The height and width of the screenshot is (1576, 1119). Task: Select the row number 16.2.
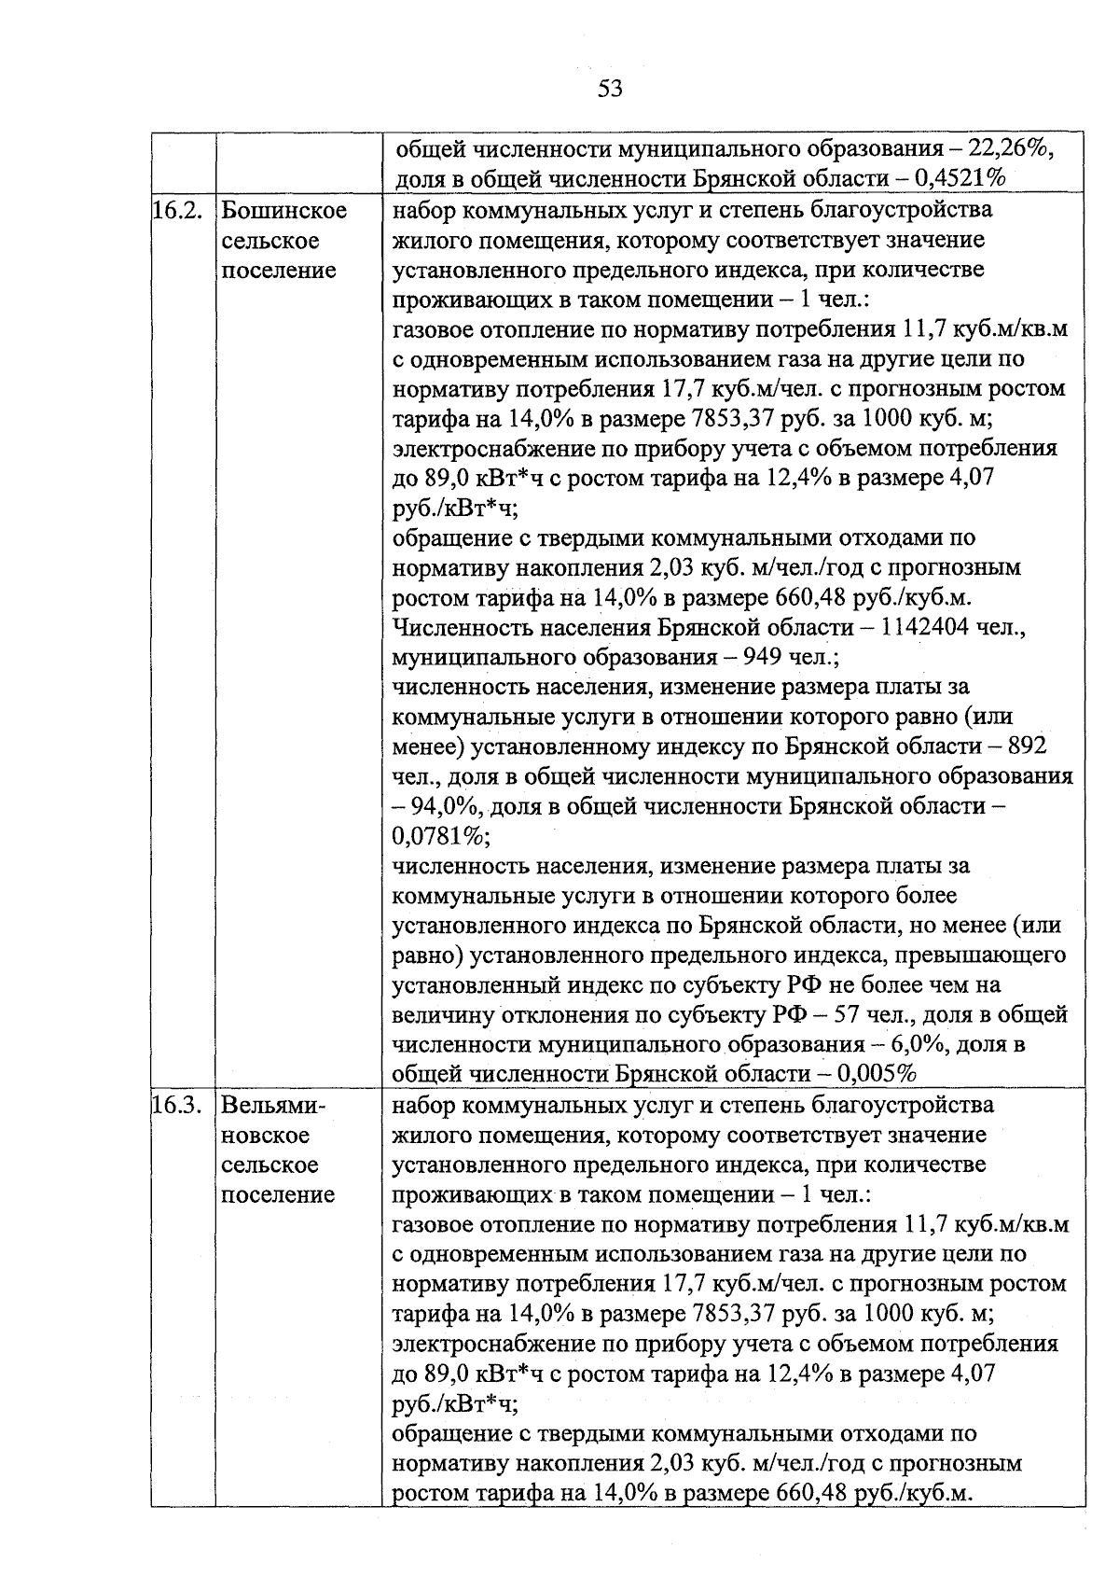pyautogui.click(x=177, y=211)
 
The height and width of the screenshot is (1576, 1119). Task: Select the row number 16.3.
pyautogui.click(x=177, y=1106)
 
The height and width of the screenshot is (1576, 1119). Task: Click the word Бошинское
pyautogui.click(x=284, y=211)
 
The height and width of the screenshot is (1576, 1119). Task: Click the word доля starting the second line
pyautogui.click(x=419, y=180)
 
